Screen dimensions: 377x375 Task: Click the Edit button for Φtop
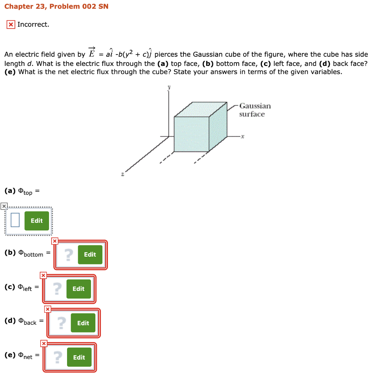pyautogui.click(x=36, y=221)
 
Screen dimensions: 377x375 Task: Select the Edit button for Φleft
pyautogui.click(x=78, y=289)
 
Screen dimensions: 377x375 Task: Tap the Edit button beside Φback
pyautogui.click(x=83, y=323)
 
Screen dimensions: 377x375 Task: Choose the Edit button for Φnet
pyautogui.click(x=79, y=357)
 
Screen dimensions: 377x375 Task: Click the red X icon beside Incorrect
pyautogui.click(x=11, y=25)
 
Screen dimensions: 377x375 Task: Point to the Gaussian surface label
pyautogui.click(x=255, y=110)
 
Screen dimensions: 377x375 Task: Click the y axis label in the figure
pyautogui.click(x=169, y=88)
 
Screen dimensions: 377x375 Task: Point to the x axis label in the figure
pyautogui.click(x=243, y=137)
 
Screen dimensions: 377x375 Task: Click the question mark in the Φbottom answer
pyautogui.click(x=68, y=254)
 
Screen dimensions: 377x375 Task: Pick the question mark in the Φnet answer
pyautogui.click(x=57, y=357)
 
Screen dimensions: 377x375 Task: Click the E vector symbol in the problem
pyautogui.click(x=92, y=53)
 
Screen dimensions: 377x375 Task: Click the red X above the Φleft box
pyautogui.click(x=43, y=275)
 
